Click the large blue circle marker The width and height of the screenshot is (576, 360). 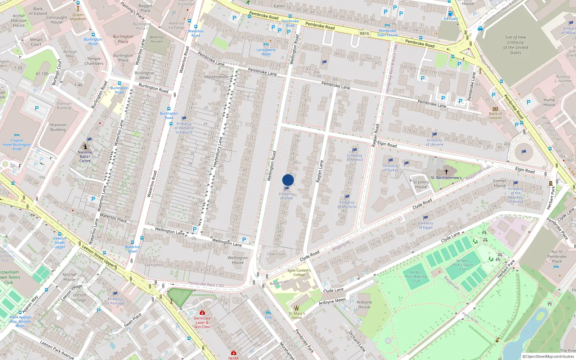click(x=288, y=180)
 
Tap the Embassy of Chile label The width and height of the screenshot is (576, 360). click(x=286, y=196)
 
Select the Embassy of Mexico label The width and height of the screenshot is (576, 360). click(x=355, y=157)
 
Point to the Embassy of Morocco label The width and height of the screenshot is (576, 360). click(x=347, y=204)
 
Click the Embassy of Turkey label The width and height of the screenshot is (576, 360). click(x=391, y=168)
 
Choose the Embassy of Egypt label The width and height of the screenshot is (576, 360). click(x=426, y=225)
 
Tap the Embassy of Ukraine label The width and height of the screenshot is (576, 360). click(x=435, y=142)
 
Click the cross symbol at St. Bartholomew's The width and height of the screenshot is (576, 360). click(x=446, y=172)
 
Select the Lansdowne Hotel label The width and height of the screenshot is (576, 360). click(x=266, y=52)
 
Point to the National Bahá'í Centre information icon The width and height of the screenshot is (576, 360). click(x=85, y=147)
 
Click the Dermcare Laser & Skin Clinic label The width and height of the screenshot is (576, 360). click(x=202, y=323)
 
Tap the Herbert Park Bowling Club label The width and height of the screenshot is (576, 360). click(x=416, y=276)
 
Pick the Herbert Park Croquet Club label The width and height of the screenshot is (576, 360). click(x=463, y=265)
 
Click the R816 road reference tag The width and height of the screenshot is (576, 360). click(x=364, y=33)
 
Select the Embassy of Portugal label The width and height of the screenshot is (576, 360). click(x=115, y=301)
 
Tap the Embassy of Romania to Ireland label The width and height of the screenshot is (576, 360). click(x=184, y=128)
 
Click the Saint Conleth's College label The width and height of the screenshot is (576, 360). click(x=299, y=273)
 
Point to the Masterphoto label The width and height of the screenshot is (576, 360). click(x=216, y=77)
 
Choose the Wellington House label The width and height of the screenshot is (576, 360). click(x=238, y=260)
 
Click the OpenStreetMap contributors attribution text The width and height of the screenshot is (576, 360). click(x=549, y=356)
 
